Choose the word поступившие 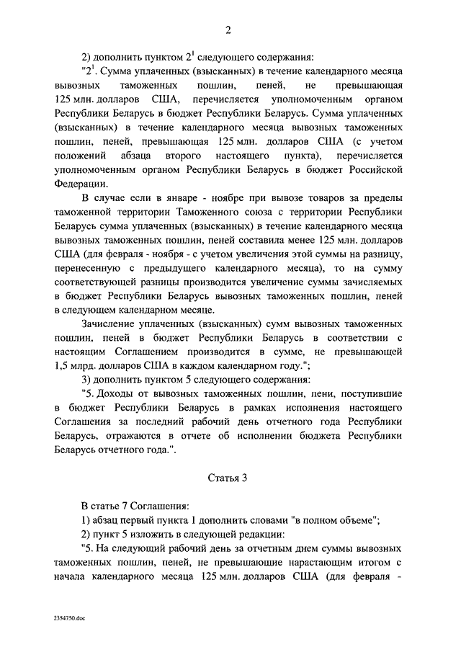(363, 393)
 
